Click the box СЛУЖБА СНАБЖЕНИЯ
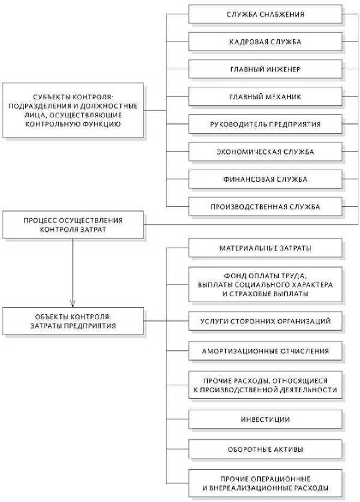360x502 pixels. tap(266, 14)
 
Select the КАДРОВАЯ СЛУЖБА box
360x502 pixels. tap(266, 41)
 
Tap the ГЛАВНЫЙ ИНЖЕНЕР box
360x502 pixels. tap(266, 69)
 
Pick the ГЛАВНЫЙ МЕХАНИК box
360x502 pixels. tap(266, 97)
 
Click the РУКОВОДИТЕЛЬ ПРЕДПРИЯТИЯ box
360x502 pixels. tap(266, 124)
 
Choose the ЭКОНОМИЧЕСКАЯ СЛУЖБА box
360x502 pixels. tap(266, 152)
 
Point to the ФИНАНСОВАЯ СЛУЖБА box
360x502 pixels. tap(266, 180)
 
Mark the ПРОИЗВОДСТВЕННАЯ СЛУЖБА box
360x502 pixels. tap(266, 207)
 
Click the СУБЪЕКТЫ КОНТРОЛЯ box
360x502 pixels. tap(73, 110)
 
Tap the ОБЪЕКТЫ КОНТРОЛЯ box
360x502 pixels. tap(73, 321)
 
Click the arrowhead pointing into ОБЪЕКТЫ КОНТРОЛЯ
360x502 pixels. tap(73, 304)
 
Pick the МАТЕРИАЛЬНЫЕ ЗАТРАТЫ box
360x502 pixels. tap(266, 248)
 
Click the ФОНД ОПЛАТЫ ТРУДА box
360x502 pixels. tap(266, 285)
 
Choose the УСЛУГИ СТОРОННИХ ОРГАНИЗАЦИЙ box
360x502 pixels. tap(266, 321)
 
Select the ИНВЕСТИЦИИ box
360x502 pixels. tap(266, 420)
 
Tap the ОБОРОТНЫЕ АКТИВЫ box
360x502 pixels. tap(266, 450)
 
